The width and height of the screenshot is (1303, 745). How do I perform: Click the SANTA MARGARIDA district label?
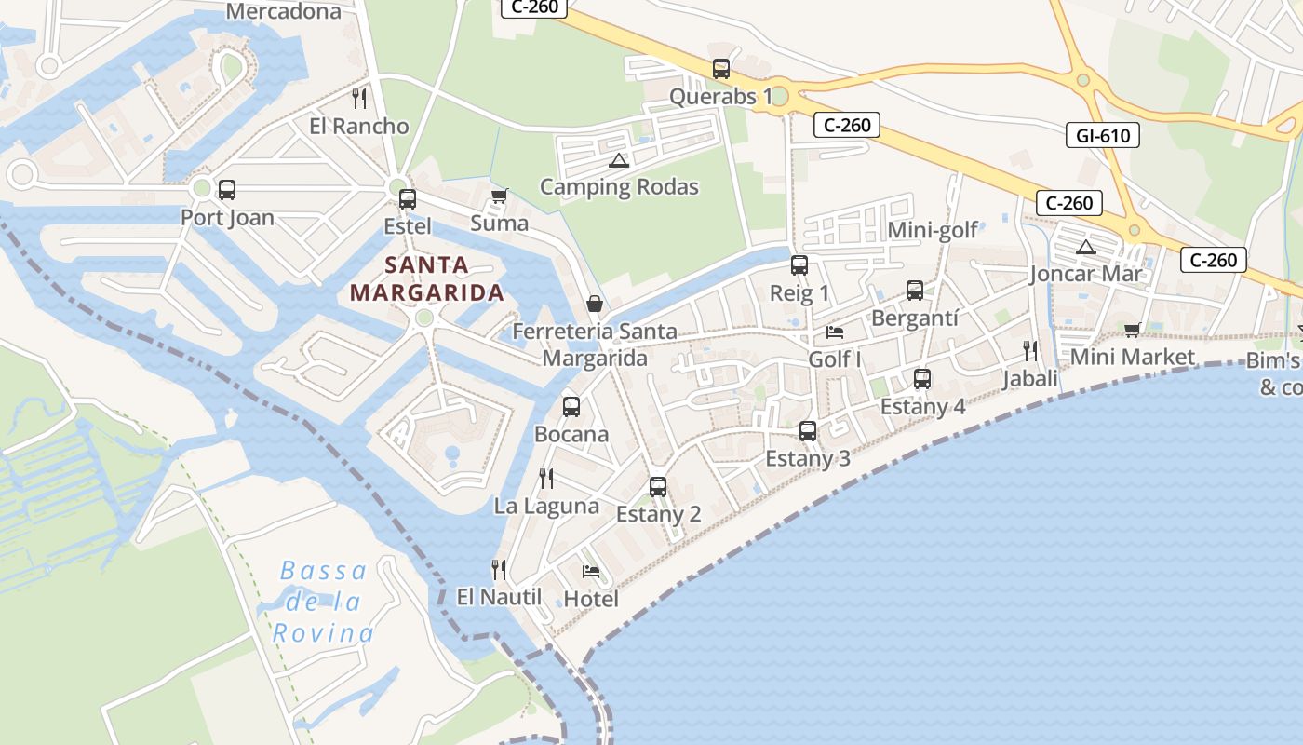pos(427,279)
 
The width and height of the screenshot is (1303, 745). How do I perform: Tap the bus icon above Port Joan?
pos(226,190)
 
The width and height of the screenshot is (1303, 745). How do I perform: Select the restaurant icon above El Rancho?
pos(359,98)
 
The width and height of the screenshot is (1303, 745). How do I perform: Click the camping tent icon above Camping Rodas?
pos(619,160)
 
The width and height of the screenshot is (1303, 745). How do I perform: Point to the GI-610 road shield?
pos(1102,136)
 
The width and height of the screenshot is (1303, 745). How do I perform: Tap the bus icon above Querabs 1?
pos(721,69)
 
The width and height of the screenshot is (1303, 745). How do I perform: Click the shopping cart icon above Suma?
pos(500,196)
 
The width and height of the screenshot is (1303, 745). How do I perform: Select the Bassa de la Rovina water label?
pos(323,602)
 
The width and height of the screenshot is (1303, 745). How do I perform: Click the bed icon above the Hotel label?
pos(591,571)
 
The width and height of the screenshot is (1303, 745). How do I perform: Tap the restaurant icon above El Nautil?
pos(499,569)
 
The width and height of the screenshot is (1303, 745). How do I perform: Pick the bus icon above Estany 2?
pos(658,486)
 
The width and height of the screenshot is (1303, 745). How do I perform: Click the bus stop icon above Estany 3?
pos(808,431)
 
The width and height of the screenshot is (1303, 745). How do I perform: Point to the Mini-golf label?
pos(933,230)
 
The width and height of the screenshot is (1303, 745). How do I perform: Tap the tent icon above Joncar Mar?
pos(1085,247)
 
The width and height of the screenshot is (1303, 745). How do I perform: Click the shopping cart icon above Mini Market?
pos(1133,330)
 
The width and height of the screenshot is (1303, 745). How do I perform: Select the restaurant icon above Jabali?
pos(1030,351)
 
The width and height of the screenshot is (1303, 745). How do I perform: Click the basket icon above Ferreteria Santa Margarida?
pos(595,304)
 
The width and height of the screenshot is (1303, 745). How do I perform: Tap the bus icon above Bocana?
pos(571,407)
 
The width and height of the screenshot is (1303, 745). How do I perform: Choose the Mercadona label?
pos(284,11)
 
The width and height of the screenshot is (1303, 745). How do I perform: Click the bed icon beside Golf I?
pos(835,332)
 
